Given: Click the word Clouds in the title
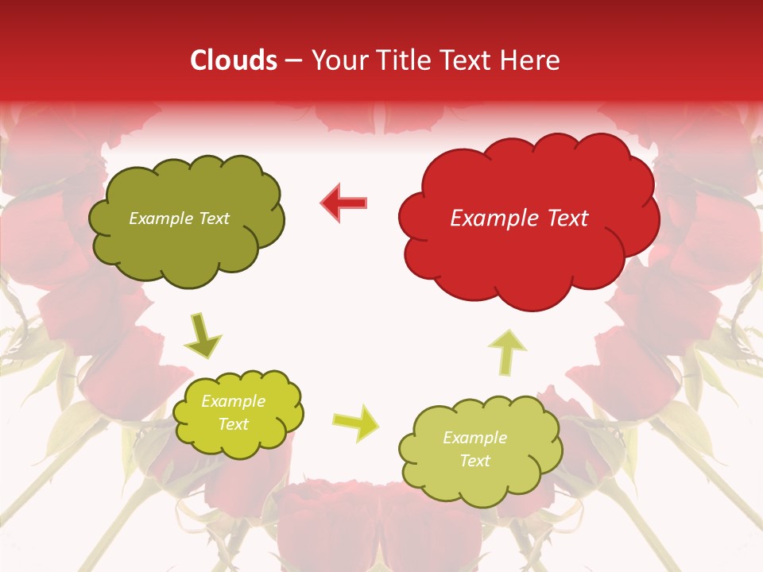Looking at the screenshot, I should [234, 60].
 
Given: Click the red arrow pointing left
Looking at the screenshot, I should [344, 203].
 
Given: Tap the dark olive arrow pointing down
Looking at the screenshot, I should [203, 337].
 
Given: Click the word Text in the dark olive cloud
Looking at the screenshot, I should [214, 218].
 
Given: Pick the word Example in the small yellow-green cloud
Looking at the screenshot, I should [234, 402].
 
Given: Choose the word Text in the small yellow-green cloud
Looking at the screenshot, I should [234, 424].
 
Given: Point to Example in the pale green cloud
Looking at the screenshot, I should [474, 438].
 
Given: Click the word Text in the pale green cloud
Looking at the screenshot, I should [474, 461].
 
